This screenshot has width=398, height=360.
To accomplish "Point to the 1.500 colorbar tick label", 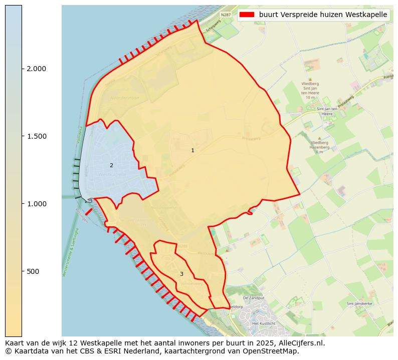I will click(x=37, y=136).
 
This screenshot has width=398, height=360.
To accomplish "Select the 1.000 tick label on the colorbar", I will click(x=37, y=204).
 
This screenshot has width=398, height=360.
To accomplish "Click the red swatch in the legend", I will click(x=247, y=15).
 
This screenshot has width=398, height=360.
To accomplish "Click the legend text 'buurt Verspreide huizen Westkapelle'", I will click(x=323, y=15).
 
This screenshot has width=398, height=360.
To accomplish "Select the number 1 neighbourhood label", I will click(x=192, y=150).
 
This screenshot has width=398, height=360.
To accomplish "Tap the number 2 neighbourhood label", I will click(x=111, y=165).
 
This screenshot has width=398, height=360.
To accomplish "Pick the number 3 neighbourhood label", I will click(x=181, y=274).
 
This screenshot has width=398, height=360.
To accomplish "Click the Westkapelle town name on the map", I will click(x=112, y=174).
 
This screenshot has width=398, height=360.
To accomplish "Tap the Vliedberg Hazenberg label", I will click(x=319, y=145).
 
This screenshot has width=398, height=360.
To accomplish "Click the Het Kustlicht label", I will click(x=264, y=323).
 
